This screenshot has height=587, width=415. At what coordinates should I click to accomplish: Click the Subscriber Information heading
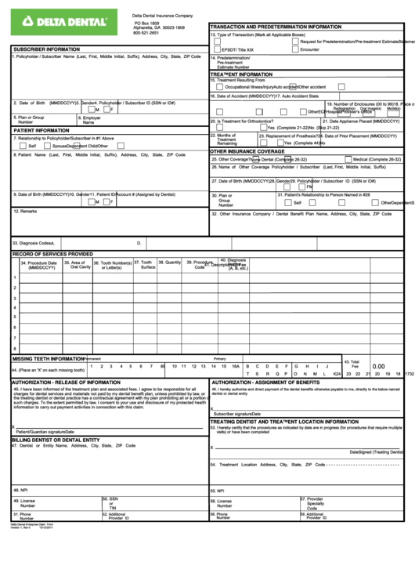point(46,49)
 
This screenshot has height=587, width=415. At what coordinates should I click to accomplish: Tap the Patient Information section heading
point(42,130)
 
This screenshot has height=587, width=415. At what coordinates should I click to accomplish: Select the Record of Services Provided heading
point(52,254)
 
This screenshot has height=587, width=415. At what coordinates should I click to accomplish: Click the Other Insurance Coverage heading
point(247,151)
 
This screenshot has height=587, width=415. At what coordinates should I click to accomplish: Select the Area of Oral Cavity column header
point(81,265)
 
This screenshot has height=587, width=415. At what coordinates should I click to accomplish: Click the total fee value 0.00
point(379,366)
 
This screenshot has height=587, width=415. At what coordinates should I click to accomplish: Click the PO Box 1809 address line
point(146,23)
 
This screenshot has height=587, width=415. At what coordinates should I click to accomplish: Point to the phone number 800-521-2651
point(146,33)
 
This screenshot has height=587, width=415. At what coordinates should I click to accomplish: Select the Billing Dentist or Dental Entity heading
point(56,440)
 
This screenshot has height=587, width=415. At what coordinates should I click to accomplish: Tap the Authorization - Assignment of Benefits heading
point(265,382)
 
